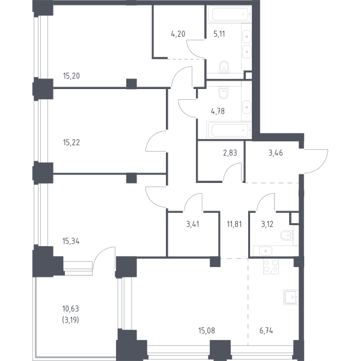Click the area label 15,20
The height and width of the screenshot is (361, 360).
pos(72,76)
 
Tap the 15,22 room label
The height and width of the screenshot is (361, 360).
pos(72,143)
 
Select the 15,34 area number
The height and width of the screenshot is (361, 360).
pos(71,241)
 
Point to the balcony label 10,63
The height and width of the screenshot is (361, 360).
pos(71,308)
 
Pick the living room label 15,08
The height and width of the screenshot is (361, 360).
pos(207,330)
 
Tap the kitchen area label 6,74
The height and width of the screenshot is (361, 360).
pos(266,330)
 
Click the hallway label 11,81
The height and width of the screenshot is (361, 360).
pos(234,224)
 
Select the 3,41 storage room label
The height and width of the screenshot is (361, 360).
pos(192,224)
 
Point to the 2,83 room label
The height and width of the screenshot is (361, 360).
pos(230,153)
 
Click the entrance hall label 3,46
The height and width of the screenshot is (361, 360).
pos(276,153)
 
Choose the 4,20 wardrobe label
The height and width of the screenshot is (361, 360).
pos(178,34)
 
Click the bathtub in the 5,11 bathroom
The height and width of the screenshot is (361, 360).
pos(228,14)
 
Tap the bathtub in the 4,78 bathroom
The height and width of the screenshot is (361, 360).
pos(228,129)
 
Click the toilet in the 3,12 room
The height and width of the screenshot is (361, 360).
pos(287,235)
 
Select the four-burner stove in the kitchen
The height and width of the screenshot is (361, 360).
pos(270,267)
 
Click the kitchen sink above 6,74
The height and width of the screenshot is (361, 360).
pos(291,297)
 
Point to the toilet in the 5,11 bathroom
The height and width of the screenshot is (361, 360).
pos(224,67)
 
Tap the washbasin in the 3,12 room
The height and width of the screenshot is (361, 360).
pos(266,251)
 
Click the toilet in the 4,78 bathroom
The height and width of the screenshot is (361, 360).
pos(223,93)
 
